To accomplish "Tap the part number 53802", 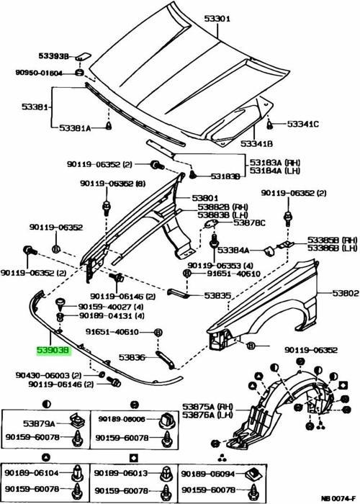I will (x=345, y=293).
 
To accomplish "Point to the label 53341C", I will (x=302, y=124).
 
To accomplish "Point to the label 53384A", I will (x=235, y=251).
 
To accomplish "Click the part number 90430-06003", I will (x=41, y=375).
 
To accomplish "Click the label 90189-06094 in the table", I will (x=201, y=474).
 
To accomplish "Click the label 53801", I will (x=206, y=198).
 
